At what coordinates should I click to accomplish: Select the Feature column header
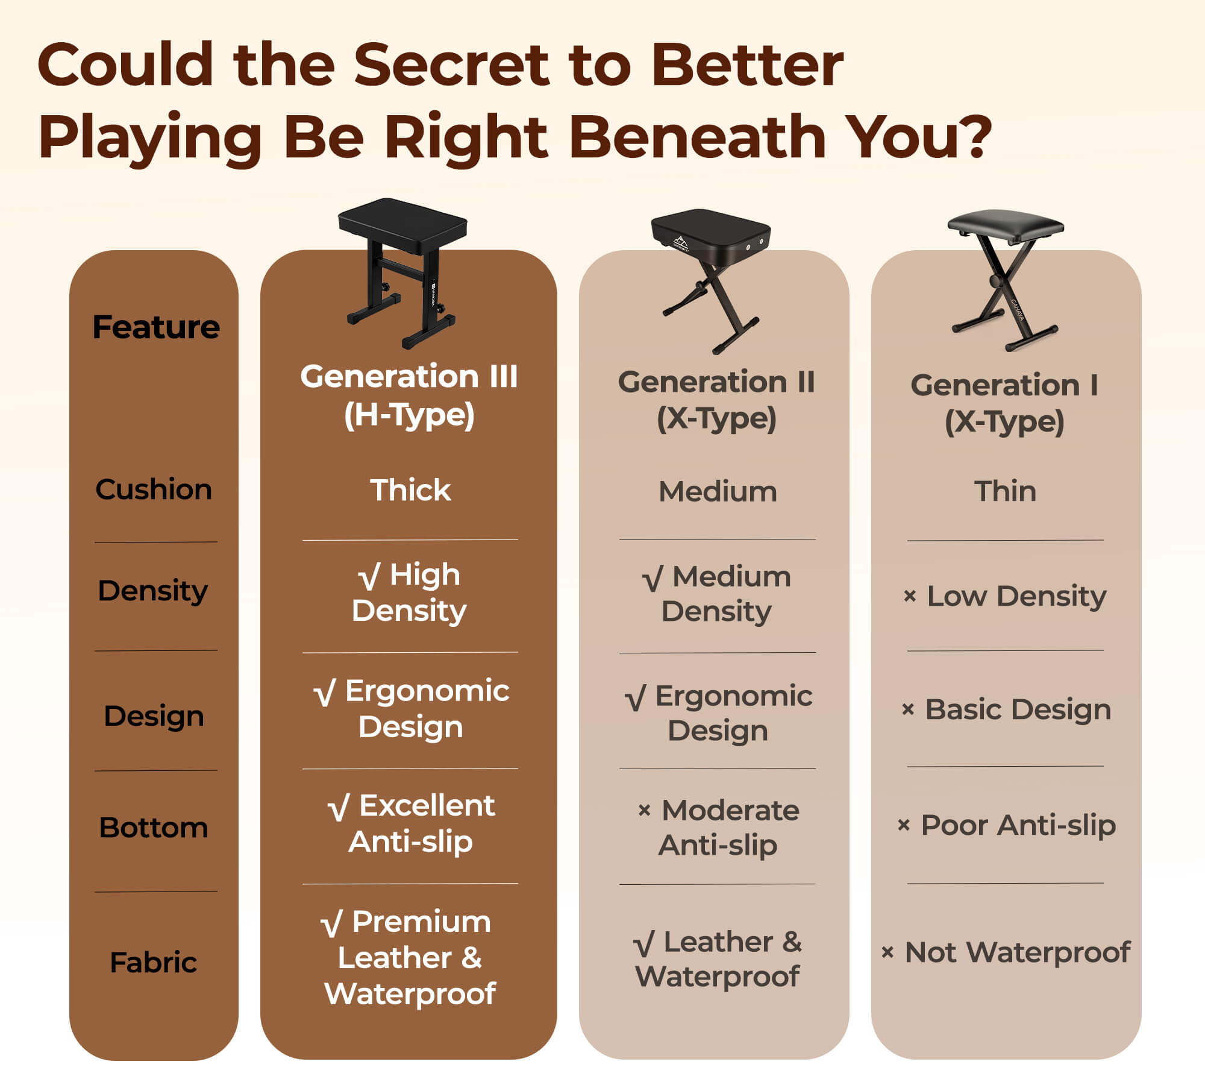156,327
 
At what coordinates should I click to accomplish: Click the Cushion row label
154,489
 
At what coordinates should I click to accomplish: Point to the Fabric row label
154,962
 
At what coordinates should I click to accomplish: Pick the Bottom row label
154,828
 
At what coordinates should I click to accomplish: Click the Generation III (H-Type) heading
409,396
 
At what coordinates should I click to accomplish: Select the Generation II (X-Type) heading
716,400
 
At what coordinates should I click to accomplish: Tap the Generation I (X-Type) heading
1004,403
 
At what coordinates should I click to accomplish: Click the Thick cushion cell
410,490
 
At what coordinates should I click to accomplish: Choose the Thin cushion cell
1006,491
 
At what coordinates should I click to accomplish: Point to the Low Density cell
1005,597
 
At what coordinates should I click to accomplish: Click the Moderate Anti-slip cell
718,828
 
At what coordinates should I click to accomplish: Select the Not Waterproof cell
1006,953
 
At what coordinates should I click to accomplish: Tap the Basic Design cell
1006,710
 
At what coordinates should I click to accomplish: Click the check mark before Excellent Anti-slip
338,808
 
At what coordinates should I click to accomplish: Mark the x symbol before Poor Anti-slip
904,825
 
